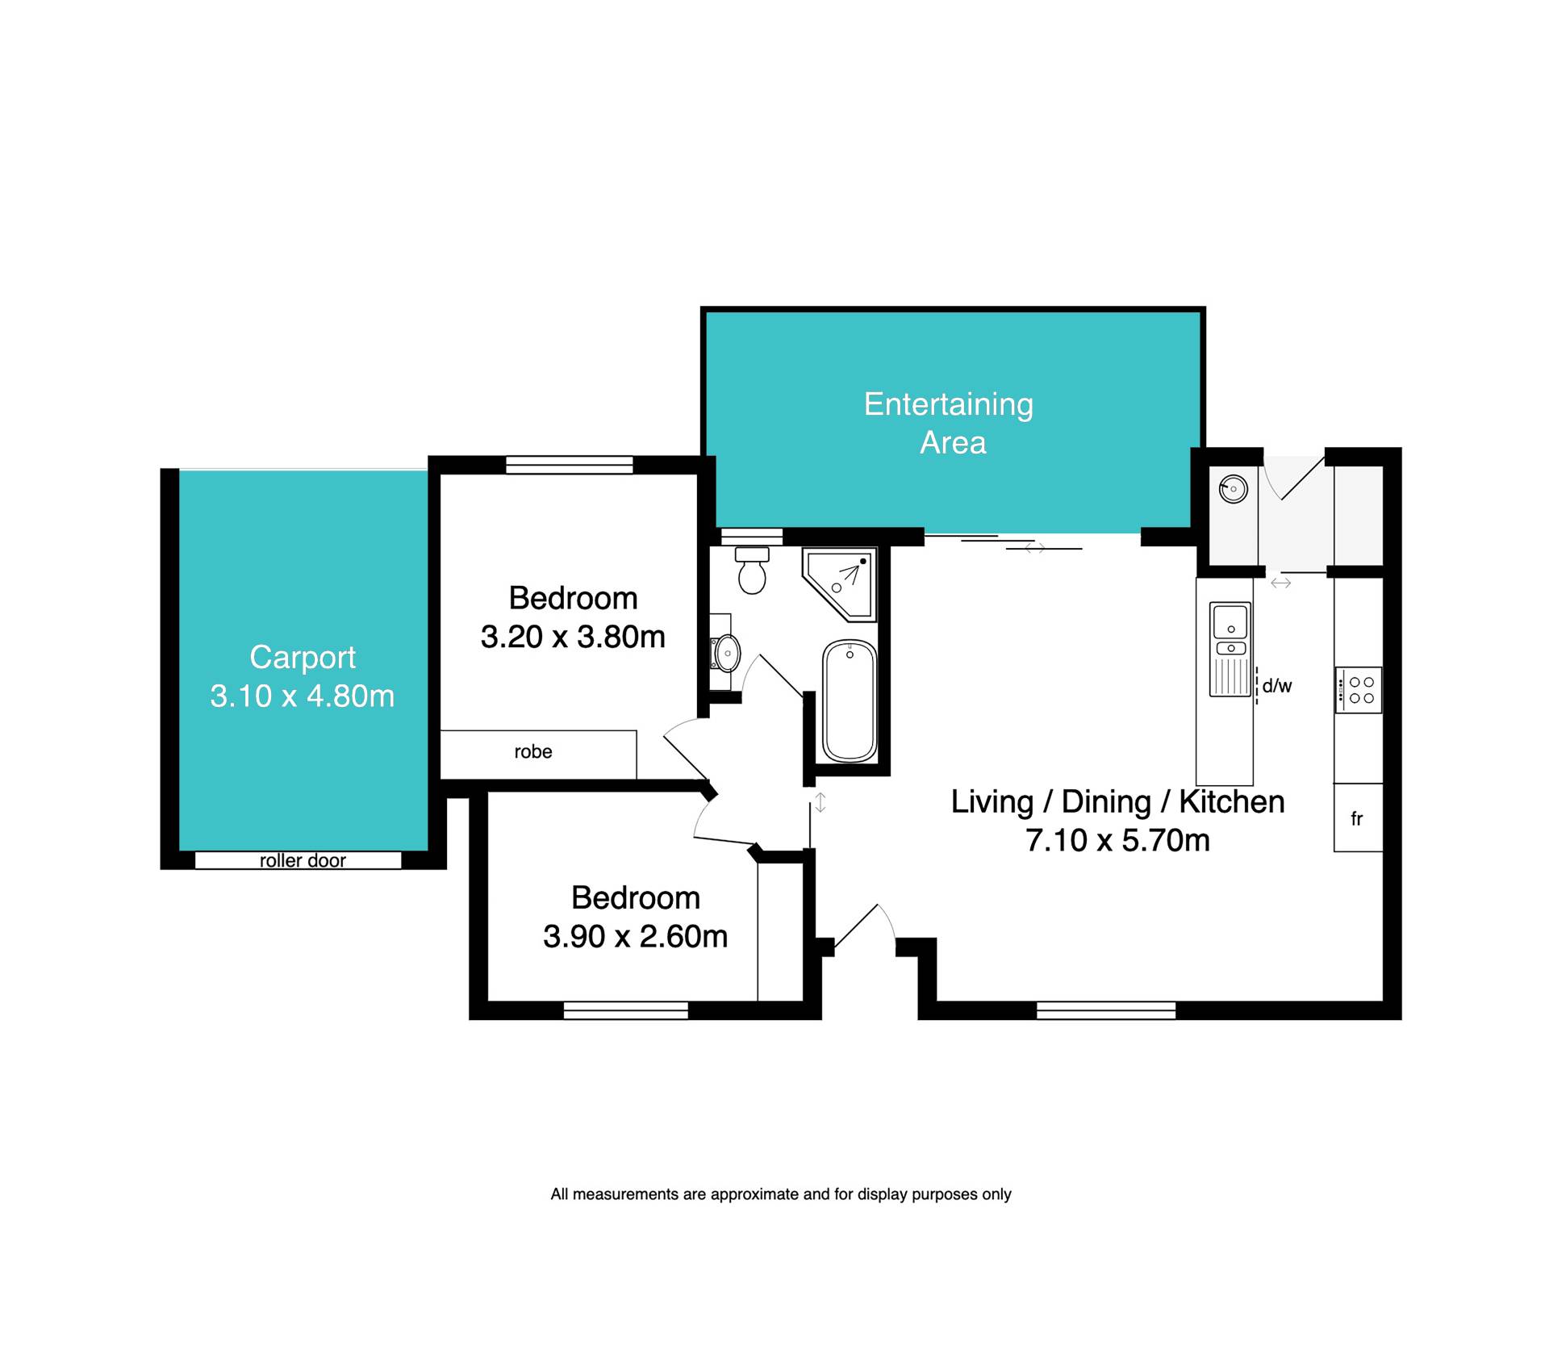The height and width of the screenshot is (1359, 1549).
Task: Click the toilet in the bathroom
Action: tap(752, 571)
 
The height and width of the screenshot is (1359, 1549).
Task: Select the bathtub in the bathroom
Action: tap(850, 701)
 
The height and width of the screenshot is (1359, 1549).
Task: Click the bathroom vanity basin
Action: tap(727, 653)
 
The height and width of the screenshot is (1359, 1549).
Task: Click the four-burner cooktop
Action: tap(1359, 690)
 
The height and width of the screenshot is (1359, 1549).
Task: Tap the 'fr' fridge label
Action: tap(1357, 819)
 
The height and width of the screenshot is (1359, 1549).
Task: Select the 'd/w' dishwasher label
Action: tap(1277, 686)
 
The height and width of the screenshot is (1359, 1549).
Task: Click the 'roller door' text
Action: tap(303, 860)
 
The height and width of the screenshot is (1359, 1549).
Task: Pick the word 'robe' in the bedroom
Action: tap(533, 752)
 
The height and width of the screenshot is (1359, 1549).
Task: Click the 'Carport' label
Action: tap(303, 658)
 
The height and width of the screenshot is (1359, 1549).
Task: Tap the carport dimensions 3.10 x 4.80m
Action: tap(303, 696)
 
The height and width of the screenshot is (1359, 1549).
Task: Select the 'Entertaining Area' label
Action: tap(950, 423)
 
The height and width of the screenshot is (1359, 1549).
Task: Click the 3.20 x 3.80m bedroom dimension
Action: tap(573, 637)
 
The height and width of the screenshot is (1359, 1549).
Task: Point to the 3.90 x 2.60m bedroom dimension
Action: tap(636, 936)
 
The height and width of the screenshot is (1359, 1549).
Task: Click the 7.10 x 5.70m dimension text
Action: tap(1118, 840)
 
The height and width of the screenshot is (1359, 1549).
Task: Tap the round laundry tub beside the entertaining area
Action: tap(1234, 489)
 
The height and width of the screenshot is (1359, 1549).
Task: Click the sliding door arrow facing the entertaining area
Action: tap(1035, 548)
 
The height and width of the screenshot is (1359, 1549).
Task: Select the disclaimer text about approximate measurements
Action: tap(781, 1194)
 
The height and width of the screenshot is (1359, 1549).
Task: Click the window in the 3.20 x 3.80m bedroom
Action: tap(570, 465)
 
